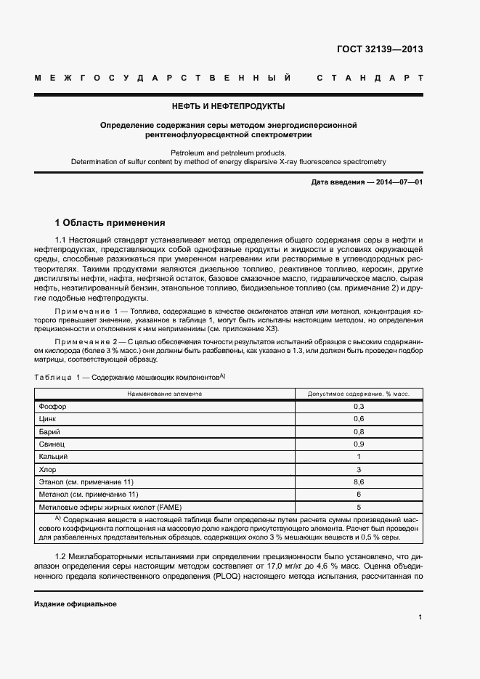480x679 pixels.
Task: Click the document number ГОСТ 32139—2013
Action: (380, 50)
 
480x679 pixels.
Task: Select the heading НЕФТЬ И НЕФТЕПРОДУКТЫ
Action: (228, 106)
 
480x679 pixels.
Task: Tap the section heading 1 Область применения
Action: (110, 222)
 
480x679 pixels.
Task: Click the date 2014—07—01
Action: (396, 182)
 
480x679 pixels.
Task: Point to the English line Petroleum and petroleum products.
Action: (228, 153)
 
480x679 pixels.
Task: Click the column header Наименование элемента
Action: (165, 393)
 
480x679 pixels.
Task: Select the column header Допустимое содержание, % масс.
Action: (359, 393)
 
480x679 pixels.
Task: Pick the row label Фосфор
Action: (49, 406)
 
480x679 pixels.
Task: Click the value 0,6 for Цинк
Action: (359, 419)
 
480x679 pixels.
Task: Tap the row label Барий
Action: (48, 431)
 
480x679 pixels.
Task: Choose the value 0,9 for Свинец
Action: (359, 444)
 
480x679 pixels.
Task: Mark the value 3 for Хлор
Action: (359, 469)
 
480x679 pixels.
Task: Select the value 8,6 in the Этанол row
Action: (359, 481)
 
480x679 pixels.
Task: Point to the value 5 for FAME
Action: (359, 507)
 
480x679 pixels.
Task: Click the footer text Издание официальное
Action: (76, 604)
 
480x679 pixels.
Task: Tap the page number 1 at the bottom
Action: (420, 617)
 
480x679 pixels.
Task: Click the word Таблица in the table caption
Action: (52, 377)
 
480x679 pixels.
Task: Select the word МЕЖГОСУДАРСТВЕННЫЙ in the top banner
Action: (163, 78)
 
